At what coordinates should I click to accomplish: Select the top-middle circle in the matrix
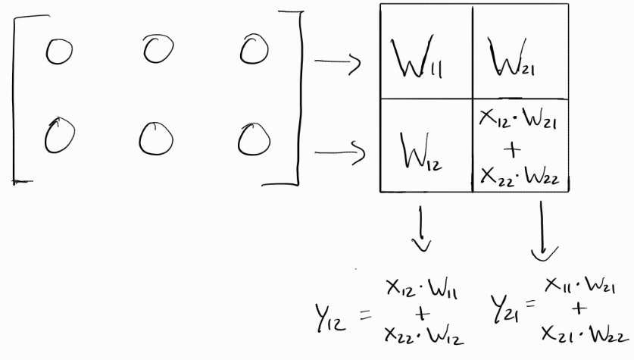pyautogui.click(x=158, y=50)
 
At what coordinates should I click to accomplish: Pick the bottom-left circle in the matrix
pyautogui.click(x=57, y=137)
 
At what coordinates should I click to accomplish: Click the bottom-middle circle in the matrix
pyautogui.click(x=155, y=138)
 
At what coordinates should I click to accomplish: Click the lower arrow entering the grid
pyautogui.click(x=339, y=154)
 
